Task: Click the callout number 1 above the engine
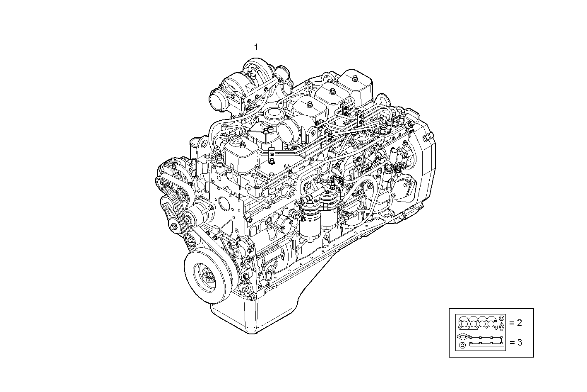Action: pos(256,47)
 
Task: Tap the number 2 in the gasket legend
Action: pos(519,322)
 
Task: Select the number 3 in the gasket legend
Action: pos(519,343)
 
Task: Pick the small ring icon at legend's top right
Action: pos(502,318)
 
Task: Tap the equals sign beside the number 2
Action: pos(512,322)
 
